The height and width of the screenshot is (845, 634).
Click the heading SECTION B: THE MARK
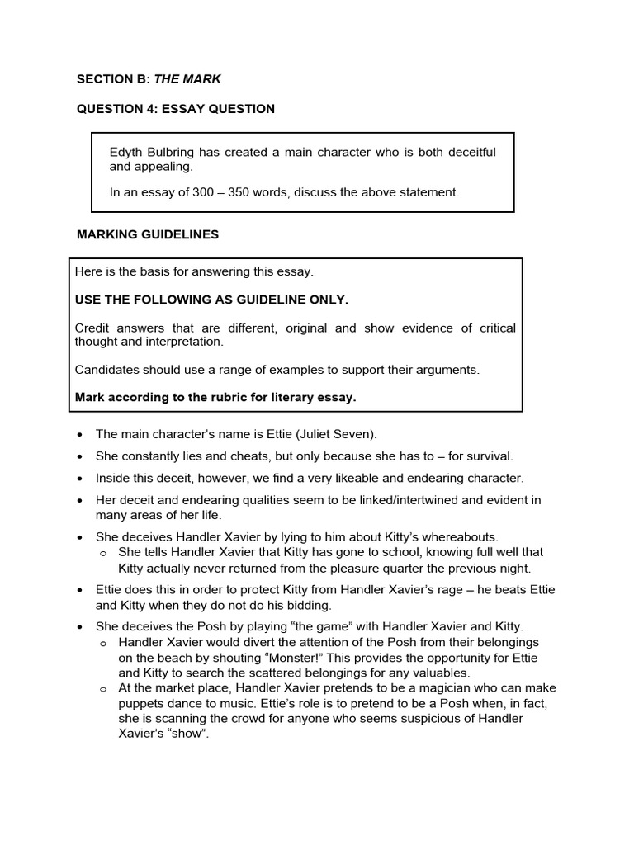[x=149, y=79]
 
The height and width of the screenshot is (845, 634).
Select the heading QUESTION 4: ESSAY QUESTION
[x=176, y=109]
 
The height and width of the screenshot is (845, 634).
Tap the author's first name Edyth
[x=126, y=153]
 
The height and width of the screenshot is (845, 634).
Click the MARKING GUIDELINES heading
[x=148, y=234]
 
